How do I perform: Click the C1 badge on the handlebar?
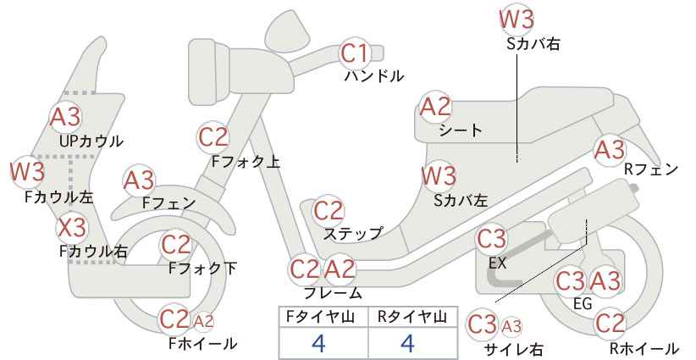[x=354, y=53]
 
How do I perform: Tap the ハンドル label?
[x=374, y=76]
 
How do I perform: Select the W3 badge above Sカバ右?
[x=516, y=19]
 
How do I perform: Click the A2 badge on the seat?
[x=435, y=107]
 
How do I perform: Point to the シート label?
[x=461, y=130]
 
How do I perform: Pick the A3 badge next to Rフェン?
[x=610, y=150]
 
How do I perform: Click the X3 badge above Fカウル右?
[x=72, y=228]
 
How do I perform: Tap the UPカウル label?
[x=91, y=141]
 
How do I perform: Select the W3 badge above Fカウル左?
[x=28, y=171]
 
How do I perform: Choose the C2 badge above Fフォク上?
[x=213, y=137]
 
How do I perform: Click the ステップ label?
[x=352, y=233]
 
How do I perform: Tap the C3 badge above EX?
[x=491, y=240]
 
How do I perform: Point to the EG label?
[x=583, y=303]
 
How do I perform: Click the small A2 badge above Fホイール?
[x=203, y=321]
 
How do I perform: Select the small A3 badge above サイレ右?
[x=511, y=327]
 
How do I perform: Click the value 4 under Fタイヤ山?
[x=318, y=343]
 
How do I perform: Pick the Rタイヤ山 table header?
[x=412, y=317]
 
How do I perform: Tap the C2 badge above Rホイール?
[x=610, y=324]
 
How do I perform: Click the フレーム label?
[x=333, y=293]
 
